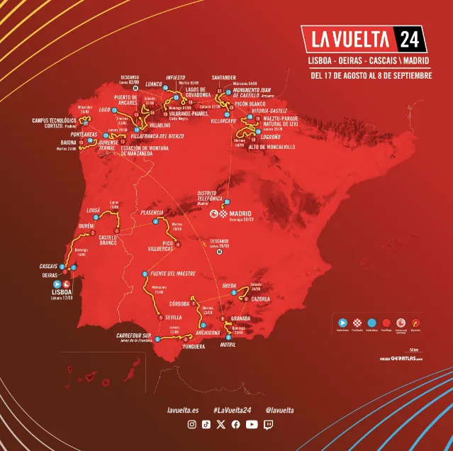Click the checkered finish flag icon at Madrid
click(x=223, y=212)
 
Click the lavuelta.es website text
click(x=183, y=410)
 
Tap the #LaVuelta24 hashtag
click(x=233, y=410)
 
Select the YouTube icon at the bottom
click(x=251, y=425)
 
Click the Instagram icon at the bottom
click(x=191, y=425)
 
